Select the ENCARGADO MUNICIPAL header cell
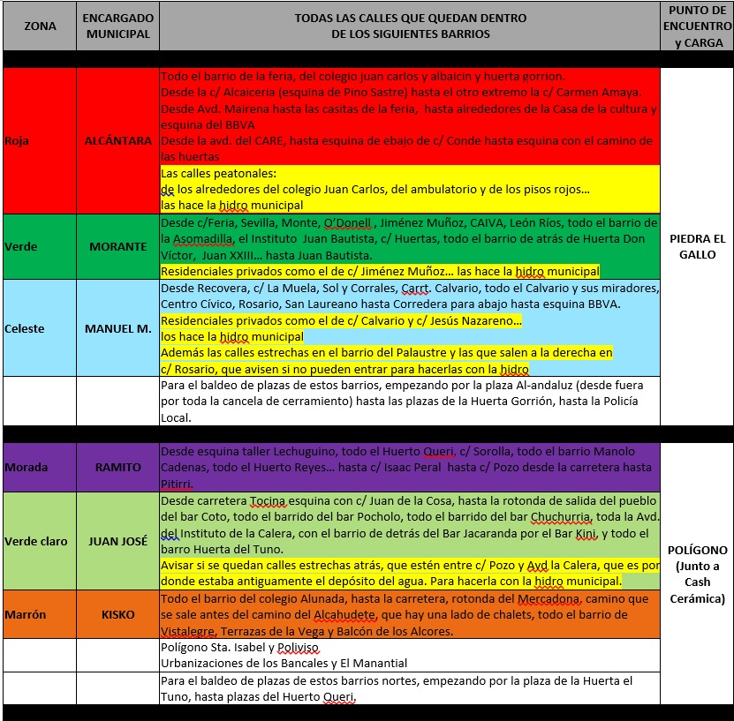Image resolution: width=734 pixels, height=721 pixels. (117, 26)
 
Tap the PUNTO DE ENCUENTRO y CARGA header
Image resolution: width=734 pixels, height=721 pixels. (697, 26)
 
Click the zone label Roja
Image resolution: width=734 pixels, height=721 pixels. (17, 140)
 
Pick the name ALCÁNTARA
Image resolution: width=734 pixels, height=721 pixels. (117, 140)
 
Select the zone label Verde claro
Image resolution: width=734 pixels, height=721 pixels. (36, 541)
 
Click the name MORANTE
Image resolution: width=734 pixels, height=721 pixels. (118, 246)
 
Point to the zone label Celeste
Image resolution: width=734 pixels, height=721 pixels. (24, 328)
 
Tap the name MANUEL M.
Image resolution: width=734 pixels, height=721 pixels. (117, 328)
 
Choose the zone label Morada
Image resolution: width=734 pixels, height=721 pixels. (26, 467)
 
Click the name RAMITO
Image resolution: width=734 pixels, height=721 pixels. (118, 467)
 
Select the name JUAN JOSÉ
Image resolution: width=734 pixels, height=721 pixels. (117, 541)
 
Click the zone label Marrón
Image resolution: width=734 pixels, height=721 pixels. (26, 614)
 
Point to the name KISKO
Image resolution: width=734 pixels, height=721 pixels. (117, 614)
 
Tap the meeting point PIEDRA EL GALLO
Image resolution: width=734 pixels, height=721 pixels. (697, 246)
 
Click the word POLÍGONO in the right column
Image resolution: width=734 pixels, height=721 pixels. (697, 549)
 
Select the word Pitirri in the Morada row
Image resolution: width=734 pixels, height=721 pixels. (178, 484)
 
